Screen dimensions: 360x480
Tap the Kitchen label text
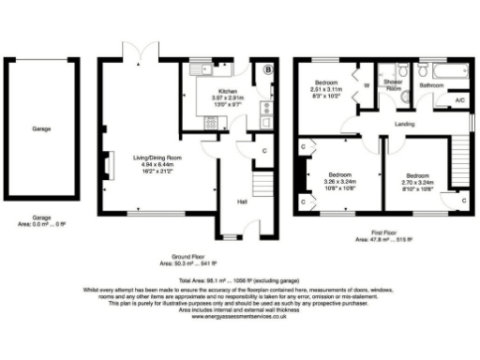click(228, 90)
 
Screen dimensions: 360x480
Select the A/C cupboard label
click(459, 99)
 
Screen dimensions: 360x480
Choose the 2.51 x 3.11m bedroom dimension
click(328, 90)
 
